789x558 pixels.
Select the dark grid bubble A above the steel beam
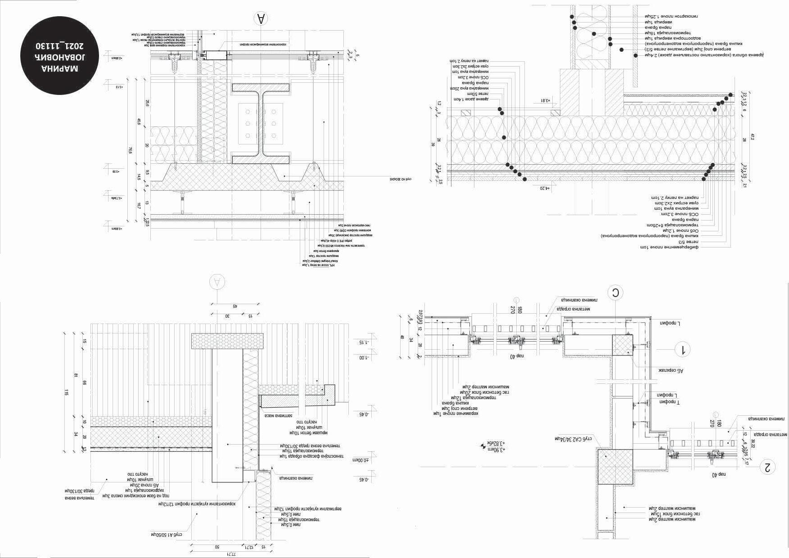261,19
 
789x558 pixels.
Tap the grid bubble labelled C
615,293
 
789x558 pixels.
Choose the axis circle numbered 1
683,349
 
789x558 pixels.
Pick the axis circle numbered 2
767,467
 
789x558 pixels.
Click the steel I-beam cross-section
261,123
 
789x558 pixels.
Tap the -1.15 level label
361,342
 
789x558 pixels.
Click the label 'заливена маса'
276,415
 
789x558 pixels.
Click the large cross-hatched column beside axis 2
615,467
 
